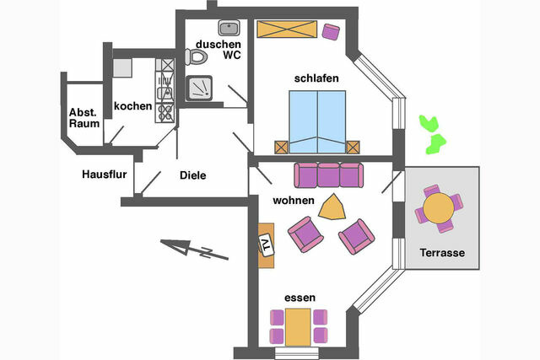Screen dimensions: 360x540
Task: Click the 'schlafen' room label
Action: click(316, 78)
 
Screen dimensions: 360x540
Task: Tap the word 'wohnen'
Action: click(294, 201)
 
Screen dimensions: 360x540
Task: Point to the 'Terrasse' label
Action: click(442, 253)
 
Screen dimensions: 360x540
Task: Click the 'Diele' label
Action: click(193, 176)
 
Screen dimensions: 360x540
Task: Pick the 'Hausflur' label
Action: click(103, 175)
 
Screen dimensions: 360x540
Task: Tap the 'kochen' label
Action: click(133, 107)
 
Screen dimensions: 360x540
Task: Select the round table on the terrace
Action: click(439, 207)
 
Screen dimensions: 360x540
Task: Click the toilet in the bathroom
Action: click(197, 57)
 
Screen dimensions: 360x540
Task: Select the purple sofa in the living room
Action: click(327, 176)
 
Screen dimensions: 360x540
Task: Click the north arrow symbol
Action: click(187, 247)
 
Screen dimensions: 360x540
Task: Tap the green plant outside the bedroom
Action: click(434, 133)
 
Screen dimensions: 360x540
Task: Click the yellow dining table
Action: click(297, 326)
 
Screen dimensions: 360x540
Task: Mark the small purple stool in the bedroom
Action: click(331, 32)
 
